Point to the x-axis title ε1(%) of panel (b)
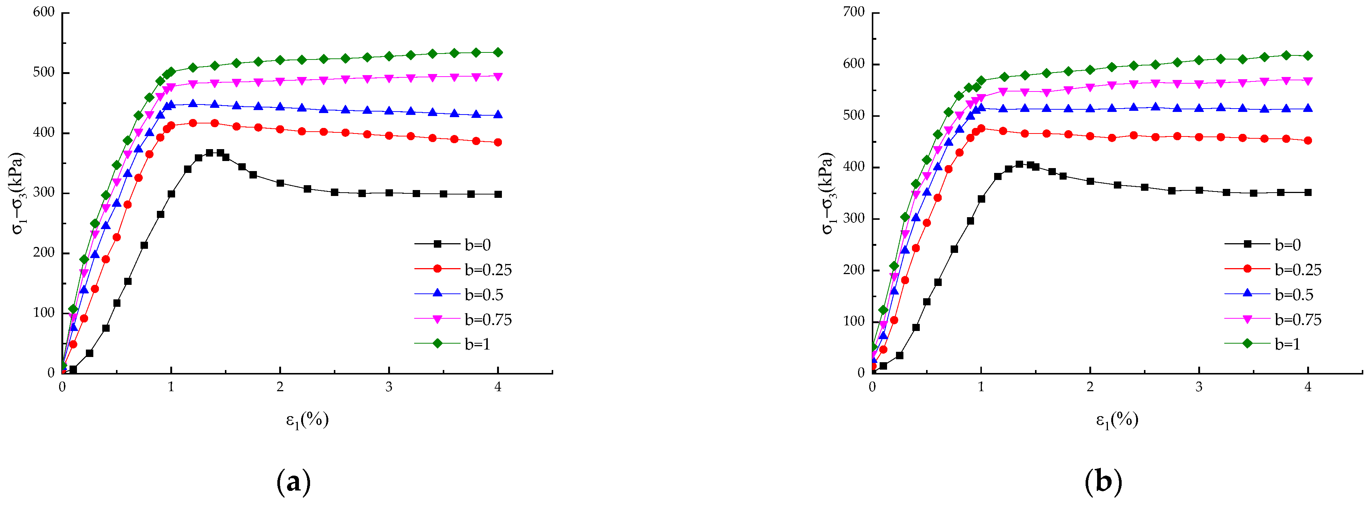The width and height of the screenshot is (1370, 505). point(1117,420)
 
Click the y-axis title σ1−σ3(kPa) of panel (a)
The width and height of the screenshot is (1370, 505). point(17,193)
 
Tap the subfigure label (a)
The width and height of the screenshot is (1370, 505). point(294,482)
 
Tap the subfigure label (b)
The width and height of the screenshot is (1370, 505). point(1103,482)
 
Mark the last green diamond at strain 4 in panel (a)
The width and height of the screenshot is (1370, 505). point(498,53)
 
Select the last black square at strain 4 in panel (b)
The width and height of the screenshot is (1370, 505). point(1308,193)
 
